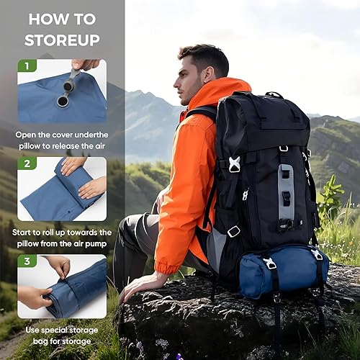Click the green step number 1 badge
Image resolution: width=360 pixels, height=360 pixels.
[26, 66]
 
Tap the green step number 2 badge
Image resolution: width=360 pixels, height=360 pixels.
[26, 163]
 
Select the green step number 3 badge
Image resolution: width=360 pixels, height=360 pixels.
[26, 261]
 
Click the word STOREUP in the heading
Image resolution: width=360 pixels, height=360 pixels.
[62, 40]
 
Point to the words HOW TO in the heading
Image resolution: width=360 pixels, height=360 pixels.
[62, 19]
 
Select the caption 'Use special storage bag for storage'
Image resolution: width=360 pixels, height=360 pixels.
[62, 336]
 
